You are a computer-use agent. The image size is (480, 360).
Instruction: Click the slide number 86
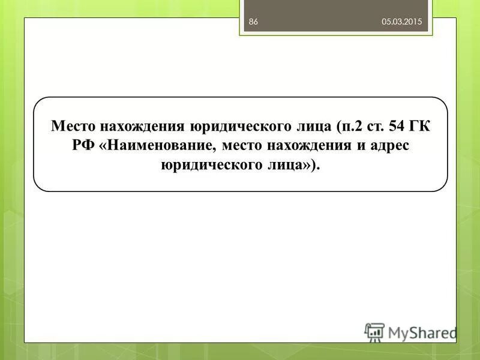point(253,22)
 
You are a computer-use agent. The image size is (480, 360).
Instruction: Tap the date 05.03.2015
point(402,22)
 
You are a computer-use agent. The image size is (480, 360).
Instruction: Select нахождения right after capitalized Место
point(138,126)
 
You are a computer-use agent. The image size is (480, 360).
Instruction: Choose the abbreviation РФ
point(83,146)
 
